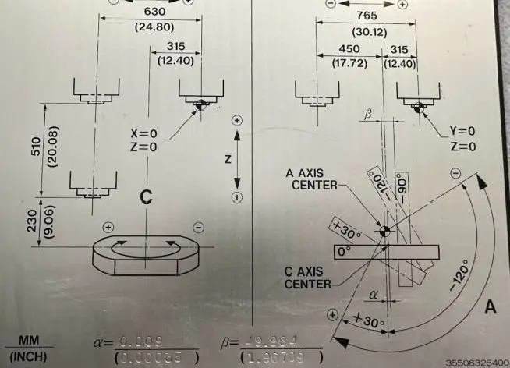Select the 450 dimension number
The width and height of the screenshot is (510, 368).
[x=350, y=48]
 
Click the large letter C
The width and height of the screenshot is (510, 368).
[x=145, y=198]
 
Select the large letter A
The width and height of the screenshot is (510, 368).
[x=491, y=307]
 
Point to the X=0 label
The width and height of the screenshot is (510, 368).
[x=143, y=134]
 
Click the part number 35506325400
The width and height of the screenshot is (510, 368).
[x=476, y=363]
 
